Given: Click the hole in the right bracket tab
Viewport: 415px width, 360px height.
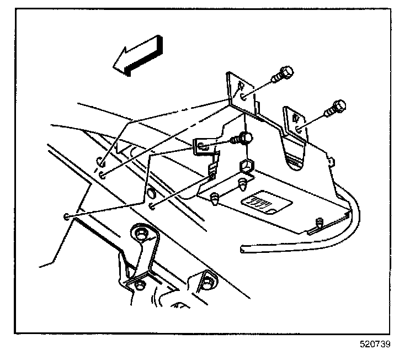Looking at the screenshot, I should (297, 128).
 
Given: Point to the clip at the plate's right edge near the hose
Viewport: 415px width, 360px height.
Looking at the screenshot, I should (320, 223).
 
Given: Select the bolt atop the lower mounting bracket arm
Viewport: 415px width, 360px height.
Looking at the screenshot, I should (142, 235).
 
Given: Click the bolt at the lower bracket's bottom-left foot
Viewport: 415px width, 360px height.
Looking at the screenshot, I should (139, 284).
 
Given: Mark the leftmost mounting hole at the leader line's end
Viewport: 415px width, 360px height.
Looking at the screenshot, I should (67, 216).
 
